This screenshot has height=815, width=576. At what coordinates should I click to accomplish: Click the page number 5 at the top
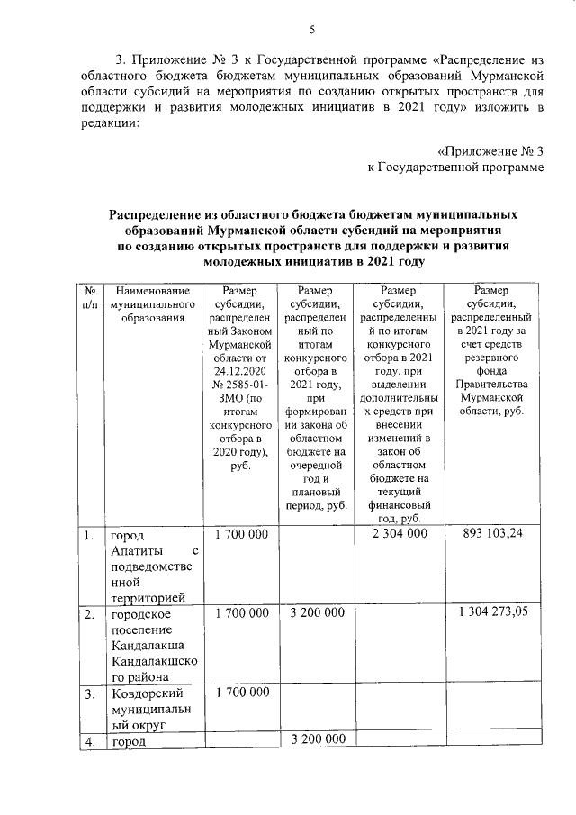[310, 29]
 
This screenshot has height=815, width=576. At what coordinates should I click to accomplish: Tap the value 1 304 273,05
[492, 613]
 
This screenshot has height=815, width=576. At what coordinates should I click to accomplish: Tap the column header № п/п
[89, 297]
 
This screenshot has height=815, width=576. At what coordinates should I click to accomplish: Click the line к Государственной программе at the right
[456, 167]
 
